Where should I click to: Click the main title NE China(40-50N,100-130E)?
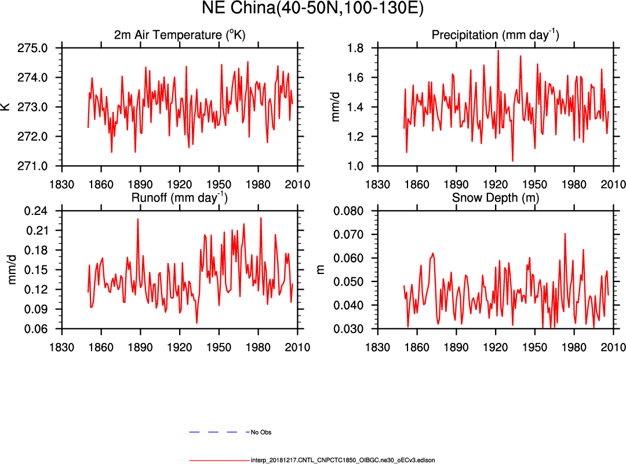[x=313, y=9]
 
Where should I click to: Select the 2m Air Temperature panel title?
[x=180, y=35]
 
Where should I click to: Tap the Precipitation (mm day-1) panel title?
[x=495, y=35]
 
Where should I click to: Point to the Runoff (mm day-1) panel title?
[x=180, y=198]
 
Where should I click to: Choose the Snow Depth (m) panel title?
[x=494, y=198]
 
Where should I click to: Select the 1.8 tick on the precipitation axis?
[x=355, y=48]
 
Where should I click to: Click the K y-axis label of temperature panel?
[x=5, y=107]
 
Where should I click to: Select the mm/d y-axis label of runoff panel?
[x=12, y=270]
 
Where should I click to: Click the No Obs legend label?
[x=261, y=433]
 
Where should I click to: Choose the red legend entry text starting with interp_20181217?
[x=343, y=460]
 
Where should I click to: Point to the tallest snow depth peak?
[x=565, y=233]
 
